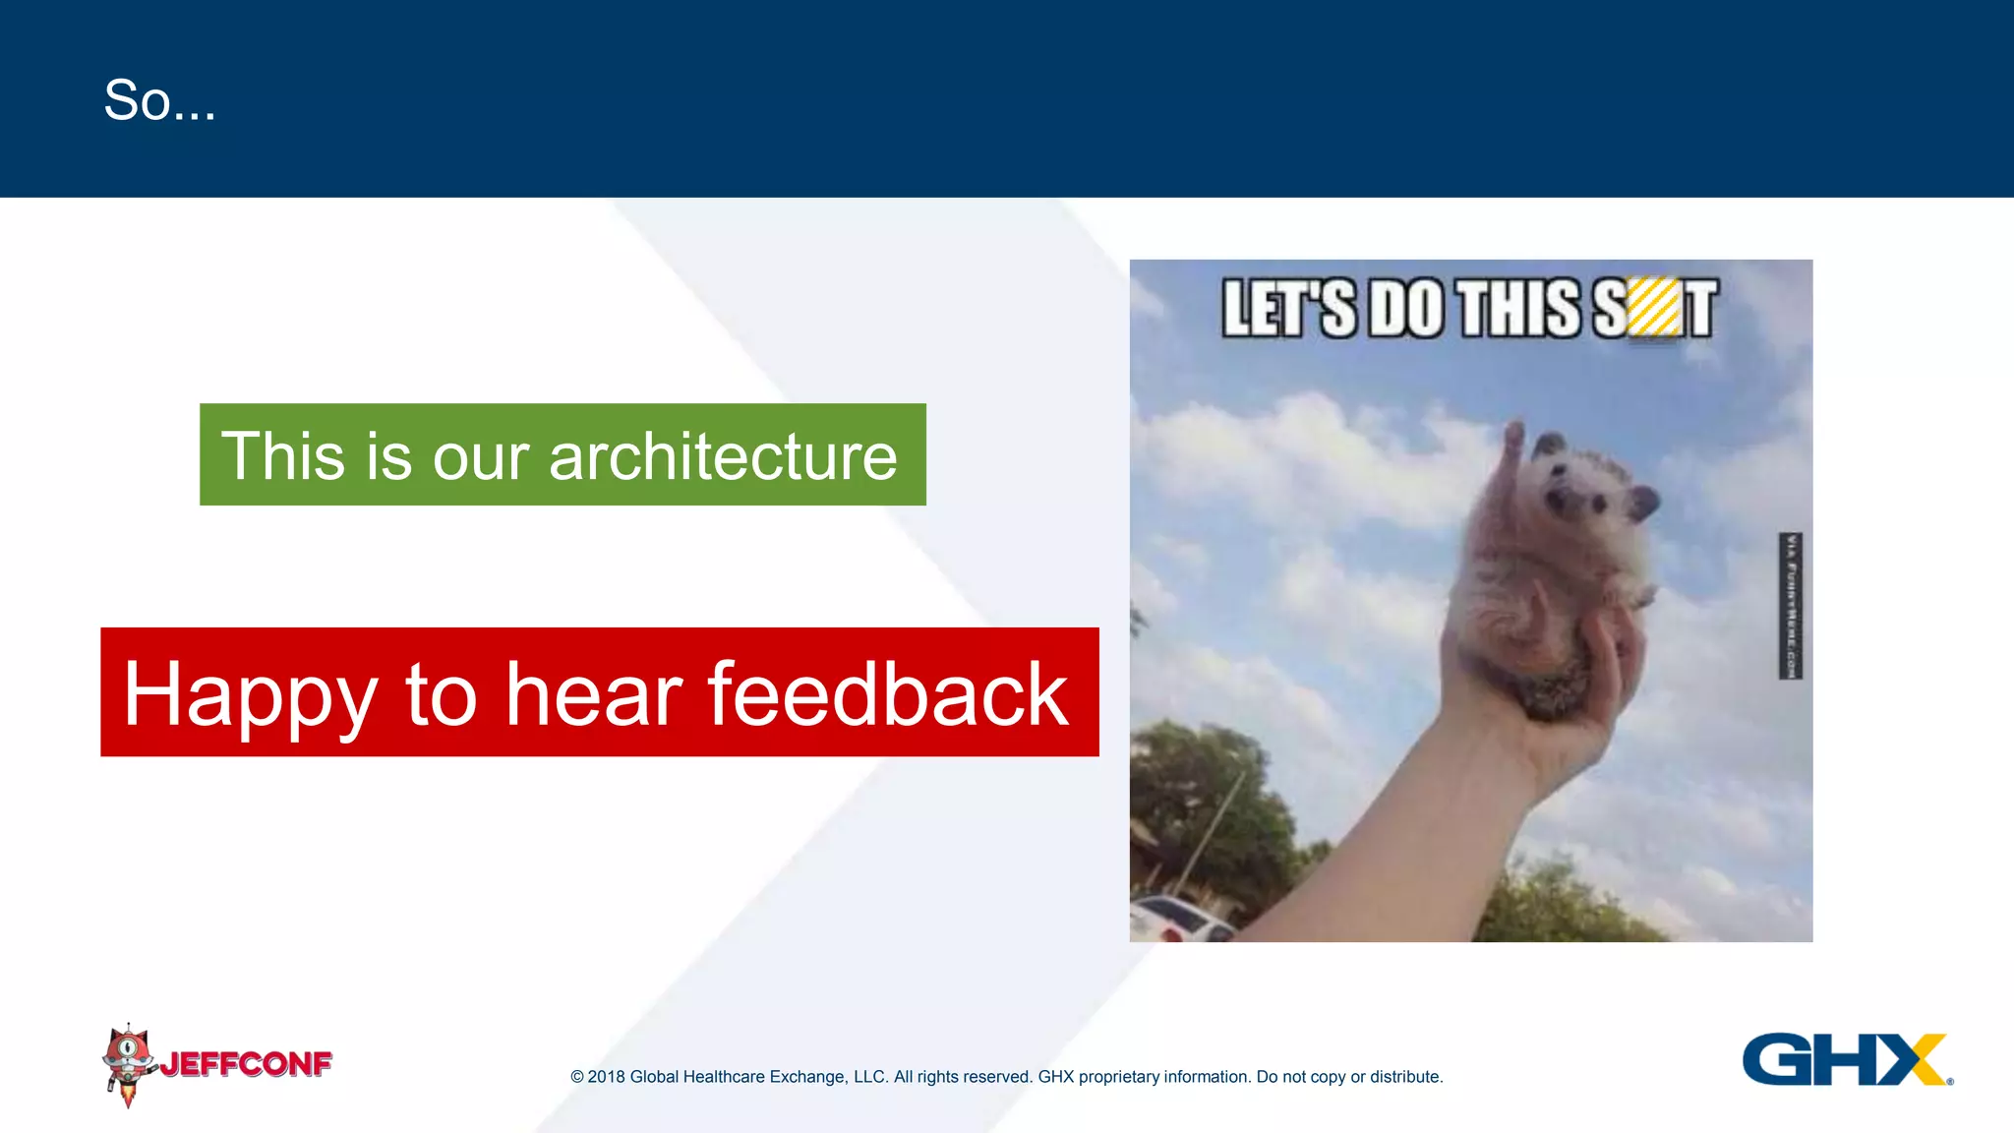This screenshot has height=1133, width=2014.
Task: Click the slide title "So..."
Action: click(159, 100)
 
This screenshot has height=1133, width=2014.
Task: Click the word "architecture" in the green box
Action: click(723, 456)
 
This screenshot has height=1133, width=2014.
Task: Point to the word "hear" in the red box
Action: click(593, 693)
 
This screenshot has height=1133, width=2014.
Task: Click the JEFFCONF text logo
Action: click(246, 1063)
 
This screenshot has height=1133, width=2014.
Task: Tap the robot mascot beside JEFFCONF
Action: click(128, 1062)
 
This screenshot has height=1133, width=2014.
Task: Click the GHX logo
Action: click(1845, 1059)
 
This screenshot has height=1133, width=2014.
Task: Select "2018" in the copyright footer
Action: click(606, 1077)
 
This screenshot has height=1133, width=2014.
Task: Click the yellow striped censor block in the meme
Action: click(1654, 308)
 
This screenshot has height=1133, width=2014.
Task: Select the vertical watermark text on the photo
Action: click(1791, 605)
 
